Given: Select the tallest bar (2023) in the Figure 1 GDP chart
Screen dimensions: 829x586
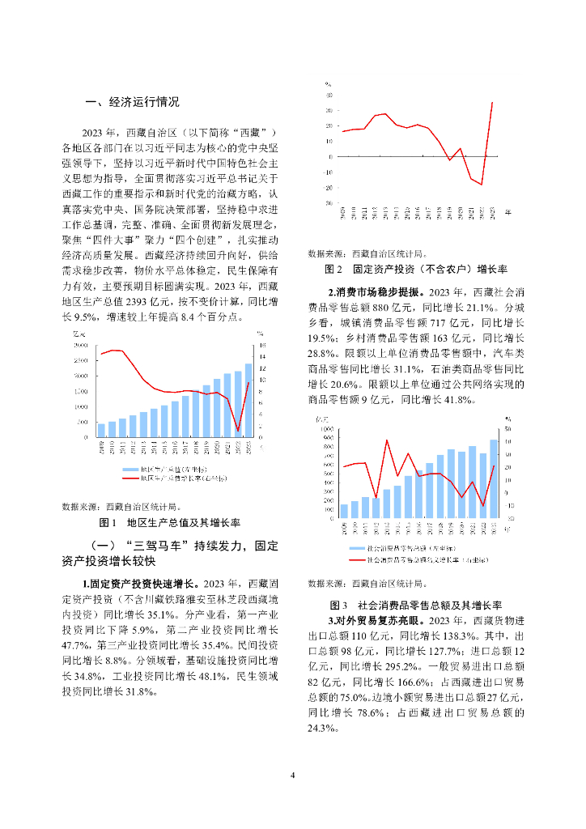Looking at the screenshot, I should tap(248, 400).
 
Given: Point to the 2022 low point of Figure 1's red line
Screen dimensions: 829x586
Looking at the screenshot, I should tap(238, 430).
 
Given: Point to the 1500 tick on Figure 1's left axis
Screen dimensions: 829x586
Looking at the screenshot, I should tap(81, 391).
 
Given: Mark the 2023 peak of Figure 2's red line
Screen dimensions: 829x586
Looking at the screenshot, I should tap(493, 102).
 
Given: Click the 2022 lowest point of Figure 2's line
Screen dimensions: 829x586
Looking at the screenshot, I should tap(482, 185).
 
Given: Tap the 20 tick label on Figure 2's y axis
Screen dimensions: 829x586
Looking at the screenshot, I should tap(329, 125).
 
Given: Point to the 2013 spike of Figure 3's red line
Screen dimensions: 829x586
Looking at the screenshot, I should tap(386, 440).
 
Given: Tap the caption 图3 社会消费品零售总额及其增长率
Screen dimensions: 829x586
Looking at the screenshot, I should tap(416, 605).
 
